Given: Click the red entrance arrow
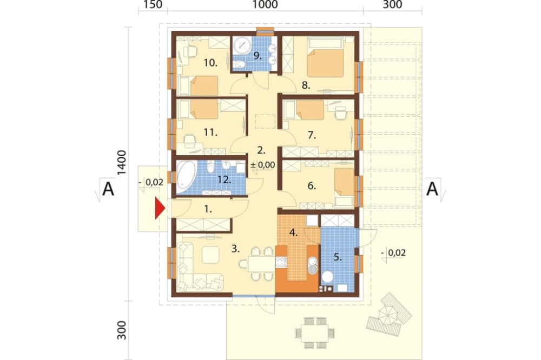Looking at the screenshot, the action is pos(160,208).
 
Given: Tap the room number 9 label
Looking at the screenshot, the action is pos(258,56).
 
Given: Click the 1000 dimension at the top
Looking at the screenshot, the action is pos(265,5).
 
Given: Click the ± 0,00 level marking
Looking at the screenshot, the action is pos(262,165).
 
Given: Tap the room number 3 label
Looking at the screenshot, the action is pos(235,249).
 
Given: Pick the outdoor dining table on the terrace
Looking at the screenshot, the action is pos(315,333).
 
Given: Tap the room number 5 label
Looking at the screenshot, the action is pos(338,257).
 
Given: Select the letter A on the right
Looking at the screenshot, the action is pos(432,189).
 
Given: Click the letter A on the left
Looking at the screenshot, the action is pos(108,189).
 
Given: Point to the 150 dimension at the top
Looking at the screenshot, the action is pos(153,5).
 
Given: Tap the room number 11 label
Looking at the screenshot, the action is pos(210,132).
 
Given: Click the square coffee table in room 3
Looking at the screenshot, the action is pos(210,255).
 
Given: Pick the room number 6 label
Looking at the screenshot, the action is pos(312,186).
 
